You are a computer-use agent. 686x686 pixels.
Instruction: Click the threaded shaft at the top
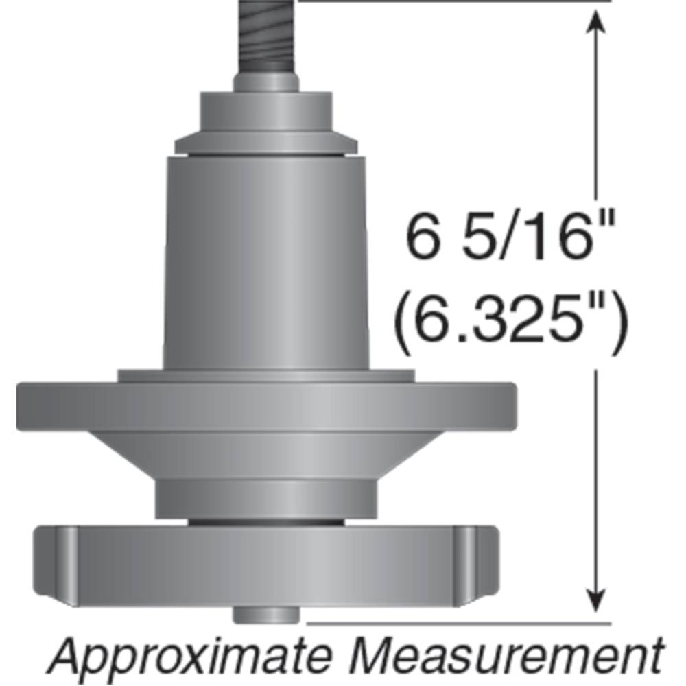click(x=267, y=39)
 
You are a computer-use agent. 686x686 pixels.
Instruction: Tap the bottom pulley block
click(x=267, y=568)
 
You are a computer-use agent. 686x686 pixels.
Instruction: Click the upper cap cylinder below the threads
click(x=267, y=114)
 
